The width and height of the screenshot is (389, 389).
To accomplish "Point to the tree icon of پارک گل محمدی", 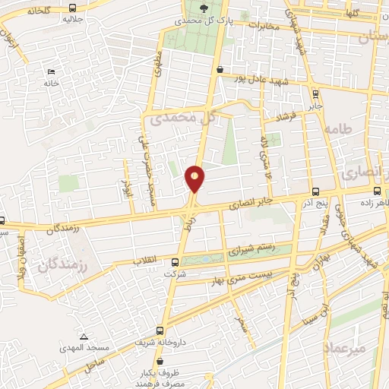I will pos(203,8).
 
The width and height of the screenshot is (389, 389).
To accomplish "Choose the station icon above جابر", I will pos(316,93).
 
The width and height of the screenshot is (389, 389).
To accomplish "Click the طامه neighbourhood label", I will pos(338,130).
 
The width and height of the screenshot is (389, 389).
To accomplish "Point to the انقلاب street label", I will pos(146,260).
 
